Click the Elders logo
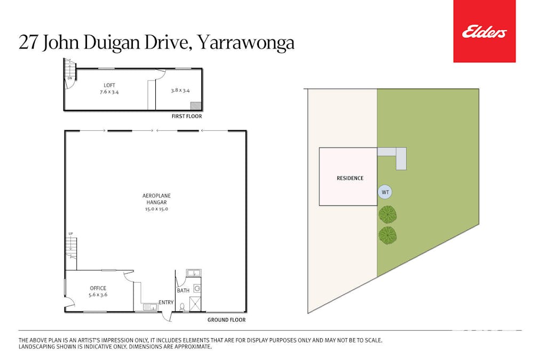point(484,31)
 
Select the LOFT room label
point(109,85)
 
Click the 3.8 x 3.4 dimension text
point(180,91)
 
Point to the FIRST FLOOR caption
point(187,116)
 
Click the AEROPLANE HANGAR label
point(157,199)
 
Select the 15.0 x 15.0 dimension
point(157,209)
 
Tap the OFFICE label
point(98,288)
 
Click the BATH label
point(183,291)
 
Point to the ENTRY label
point(166,302)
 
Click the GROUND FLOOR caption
point(227,319)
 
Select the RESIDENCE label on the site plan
point(350,178)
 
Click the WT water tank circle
point(385,192)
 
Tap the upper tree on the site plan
point(387,214)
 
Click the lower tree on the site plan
point(387,236)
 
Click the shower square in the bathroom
point(195,304)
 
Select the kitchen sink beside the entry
point(150,306)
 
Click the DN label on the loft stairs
point(69,78)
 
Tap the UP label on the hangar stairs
point(70,234)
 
